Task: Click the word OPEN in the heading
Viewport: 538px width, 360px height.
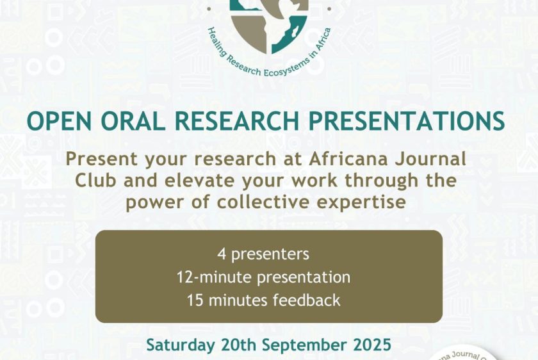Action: coord(59,121)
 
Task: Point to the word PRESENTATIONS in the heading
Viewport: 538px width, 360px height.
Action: coord(407,121)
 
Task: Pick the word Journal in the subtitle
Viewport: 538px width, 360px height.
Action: coord(430,159)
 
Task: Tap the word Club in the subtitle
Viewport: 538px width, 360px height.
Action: coord(95,180)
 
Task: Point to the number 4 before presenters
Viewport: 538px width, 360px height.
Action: coord(222,254)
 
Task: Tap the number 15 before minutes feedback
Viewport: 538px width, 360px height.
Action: coord(193,300)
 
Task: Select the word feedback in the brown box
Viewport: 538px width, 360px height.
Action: coord(306,300)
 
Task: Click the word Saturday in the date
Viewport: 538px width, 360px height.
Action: coord(181,345)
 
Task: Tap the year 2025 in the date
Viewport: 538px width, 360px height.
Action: coord(372,345)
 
